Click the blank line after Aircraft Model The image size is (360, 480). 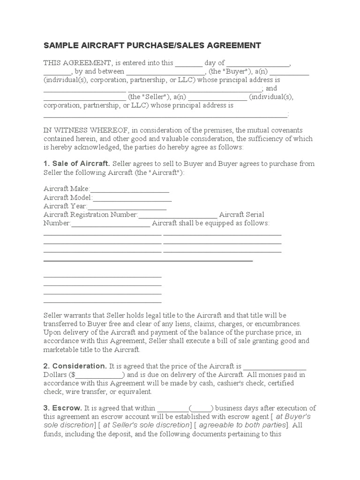(132, 197)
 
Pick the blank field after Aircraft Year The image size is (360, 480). (127, 206)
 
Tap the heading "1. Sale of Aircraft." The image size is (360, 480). (77, 164)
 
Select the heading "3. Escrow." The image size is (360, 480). (63, 408)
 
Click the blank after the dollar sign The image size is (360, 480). (99, 375)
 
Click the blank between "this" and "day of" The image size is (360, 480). (189, 63)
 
